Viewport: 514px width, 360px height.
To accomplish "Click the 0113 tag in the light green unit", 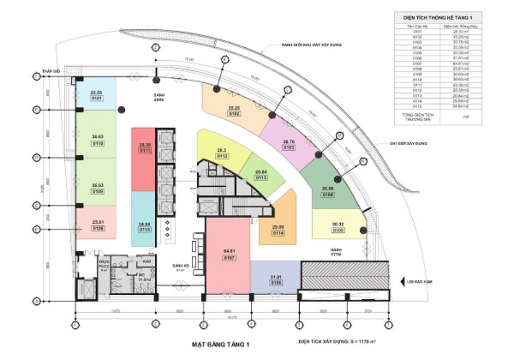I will tap(262, 177).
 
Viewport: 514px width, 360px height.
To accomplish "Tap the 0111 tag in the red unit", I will tap(143, 151).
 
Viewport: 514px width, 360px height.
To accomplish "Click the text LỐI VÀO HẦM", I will tap(419, 282).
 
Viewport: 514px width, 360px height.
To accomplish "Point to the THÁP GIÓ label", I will tap(52, 72).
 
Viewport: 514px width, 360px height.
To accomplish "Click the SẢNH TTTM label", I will tap(336, 252).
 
